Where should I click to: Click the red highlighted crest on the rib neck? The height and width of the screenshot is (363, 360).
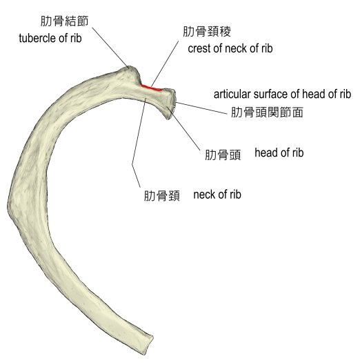[152, 88]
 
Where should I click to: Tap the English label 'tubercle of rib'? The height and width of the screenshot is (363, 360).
[50, 38]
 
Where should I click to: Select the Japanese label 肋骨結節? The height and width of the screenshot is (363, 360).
[65, 21]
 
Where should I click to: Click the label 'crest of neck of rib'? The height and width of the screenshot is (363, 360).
[230, 48]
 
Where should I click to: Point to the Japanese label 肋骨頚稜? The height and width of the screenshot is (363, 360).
[207, 32]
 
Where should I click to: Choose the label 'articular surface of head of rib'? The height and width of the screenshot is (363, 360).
[282, 95]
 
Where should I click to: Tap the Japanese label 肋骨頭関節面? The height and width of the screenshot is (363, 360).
[267, 112]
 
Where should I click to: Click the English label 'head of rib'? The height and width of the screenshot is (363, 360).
[279, 153]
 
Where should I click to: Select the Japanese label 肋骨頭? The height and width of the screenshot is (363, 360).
[223, 155]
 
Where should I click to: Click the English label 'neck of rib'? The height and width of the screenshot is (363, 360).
[217, 195]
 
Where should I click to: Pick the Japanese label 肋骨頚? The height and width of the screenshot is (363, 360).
[161, 196]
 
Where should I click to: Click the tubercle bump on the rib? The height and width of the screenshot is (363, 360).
[129, 75]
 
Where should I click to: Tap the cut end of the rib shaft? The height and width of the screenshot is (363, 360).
[149, 344]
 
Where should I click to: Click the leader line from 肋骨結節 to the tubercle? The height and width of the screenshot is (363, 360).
[110, 48]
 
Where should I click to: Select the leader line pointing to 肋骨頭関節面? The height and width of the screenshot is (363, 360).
[201, 108]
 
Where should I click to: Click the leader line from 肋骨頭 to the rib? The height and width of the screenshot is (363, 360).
[183, 128]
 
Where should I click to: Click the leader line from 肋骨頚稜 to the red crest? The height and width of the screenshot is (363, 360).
[165, 64]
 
